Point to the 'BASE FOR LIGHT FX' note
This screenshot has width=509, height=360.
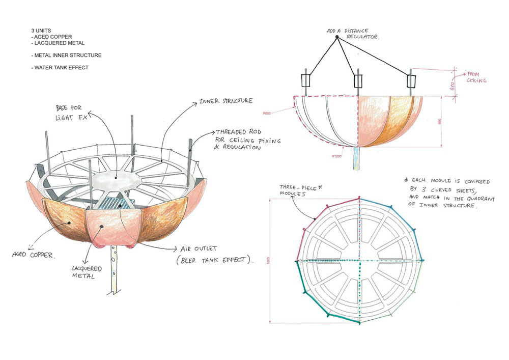coord(74,114)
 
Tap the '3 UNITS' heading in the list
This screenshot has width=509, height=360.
coord(39,31)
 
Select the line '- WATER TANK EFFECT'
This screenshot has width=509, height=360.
coord(60,67)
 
